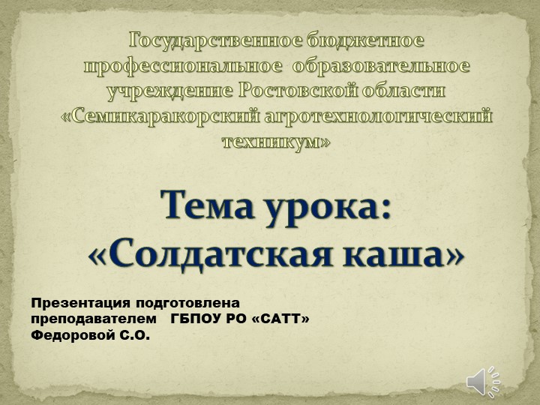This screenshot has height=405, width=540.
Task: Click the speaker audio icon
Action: click(x=484, y=382)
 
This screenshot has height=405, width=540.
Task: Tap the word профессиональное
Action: click(x=184, y=66)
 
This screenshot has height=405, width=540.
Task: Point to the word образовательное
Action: click(x=381, y=66)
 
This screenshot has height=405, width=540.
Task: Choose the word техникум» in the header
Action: click(x=276, y=142)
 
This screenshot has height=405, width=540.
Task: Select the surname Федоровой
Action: click(x=71, y=335)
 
